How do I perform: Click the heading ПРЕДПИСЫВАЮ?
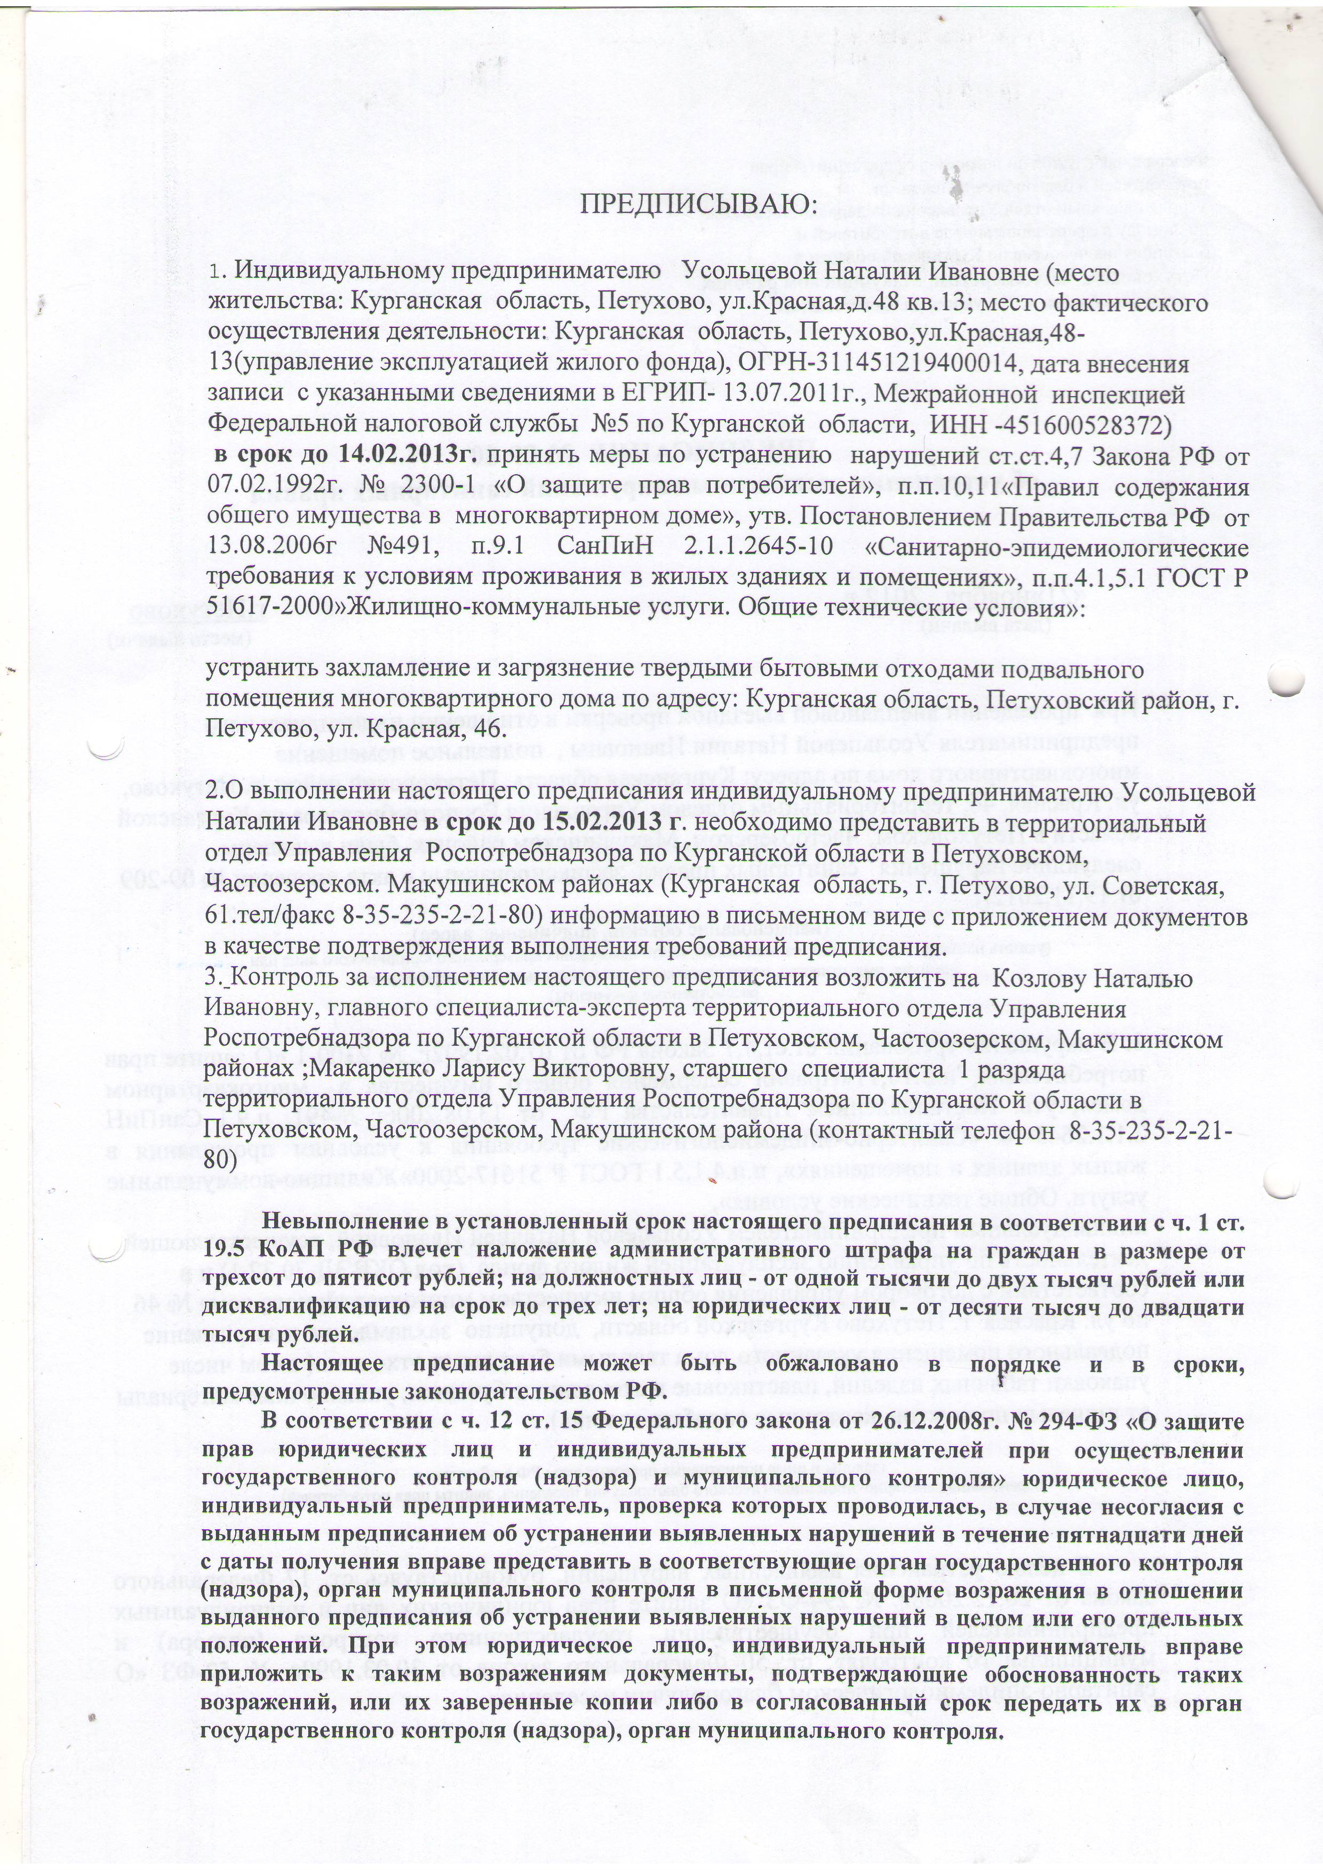pyautogui.click(x=697, y=205)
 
